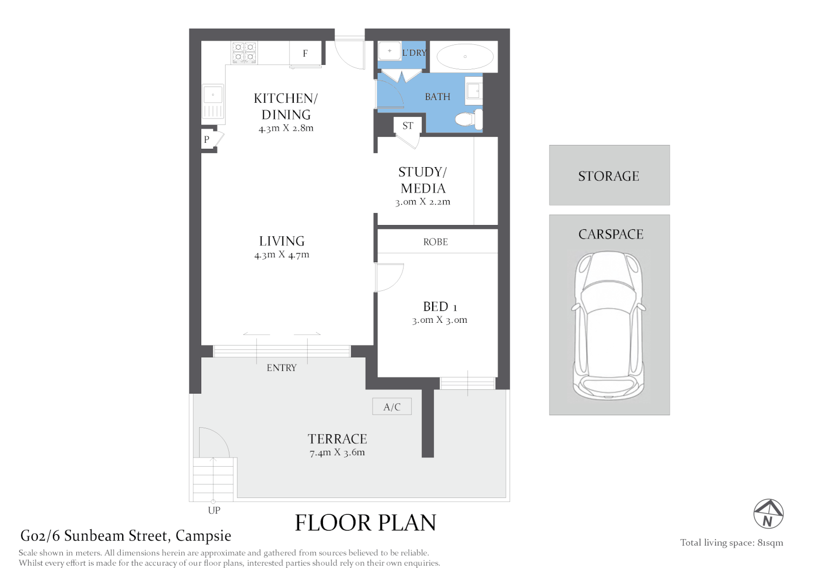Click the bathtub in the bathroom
pos(465,56)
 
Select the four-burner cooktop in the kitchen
pos(244,52)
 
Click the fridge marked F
pos(305,54)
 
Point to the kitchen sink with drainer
pos(213,101)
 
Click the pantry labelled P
pos(207,140)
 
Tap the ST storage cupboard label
pos(408,126)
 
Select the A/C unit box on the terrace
pos(392,407)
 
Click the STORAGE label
pos(609,176)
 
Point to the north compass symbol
pos(768,514)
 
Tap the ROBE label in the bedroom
pos(435,242)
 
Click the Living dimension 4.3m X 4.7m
pos(282,255)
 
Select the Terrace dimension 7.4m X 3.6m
pos(337,453)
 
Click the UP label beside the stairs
pos(214,510)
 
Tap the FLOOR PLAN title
pos(365,523)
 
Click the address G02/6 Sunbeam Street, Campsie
pos(125,536)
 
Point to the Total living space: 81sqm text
pos(731,543)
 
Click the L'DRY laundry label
pos(414,53)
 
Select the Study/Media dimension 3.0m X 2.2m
pos(422,202)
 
